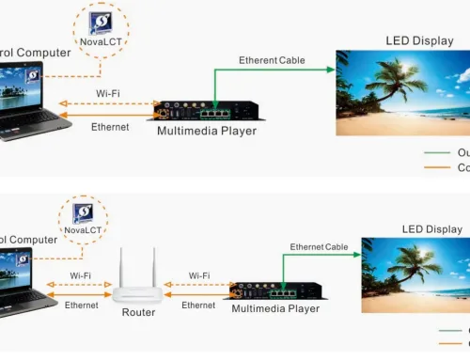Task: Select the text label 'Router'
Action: (x=138, y=312)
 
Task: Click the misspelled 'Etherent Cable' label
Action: (x=271, y=60)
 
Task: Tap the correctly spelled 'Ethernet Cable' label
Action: (x=319, y=247)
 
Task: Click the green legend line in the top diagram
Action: (x=437, y=152)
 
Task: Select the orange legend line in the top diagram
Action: (x=437, y=168)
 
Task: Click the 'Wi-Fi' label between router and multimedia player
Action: (x=199, y=276)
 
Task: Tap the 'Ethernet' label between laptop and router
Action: (x=81, y=305)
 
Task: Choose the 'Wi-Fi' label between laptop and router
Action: (x=81, y=276)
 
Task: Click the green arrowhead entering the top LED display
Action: (x=332, y=70)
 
